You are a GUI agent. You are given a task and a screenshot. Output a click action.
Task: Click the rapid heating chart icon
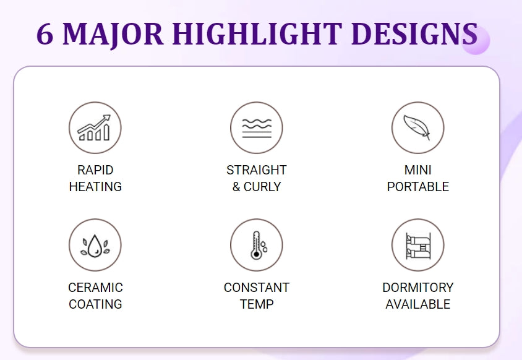(95, 128)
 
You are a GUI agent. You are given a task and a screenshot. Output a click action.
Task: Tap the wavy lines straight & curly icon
(256, 128)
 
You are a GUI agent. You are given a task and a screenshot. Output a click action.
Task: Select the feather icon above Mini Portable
(417, 128)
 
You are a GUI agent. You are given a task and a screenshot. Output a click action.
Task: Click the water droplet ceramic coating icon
(95, 245)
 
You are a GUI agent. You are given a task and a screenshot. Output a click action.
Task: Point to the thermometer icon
(256, 245)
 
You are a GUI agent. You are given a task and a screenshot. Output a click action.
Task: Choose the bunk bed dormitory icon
(417, 245)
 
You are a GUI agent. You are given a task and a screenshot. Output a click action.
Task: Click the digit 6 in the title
(45, 34)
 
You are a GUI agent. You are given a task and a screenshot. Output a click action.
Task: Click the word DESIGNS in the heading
(414, 34)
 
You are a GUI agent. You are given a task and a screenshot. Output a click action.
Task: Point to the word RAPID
(95, 170)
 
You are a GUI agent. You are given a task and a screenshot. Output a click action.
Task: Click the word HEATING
(95, 187)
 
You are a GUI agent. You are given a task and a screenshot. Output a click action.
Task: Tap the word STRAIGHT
(257, 170)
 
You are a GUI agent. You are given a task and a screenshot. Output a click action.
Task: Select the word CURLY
(263, 187)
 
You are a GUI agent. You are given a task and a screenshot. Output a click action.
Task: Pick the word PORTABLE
(418, 187)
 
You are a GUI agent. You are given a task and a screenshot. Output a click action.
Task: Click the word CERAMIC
(95, 288)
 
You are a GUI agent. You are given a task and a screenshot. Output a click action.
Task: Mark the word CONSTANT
(257, 288)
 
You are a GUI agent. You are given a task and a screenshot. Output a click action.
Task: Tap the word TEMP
(257, 304)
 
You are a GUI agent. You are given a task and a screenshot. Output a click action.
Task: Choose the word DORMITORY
(418, 288)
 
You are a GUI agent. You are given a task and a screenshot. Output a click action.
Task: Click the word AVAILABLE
(418, 304)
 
